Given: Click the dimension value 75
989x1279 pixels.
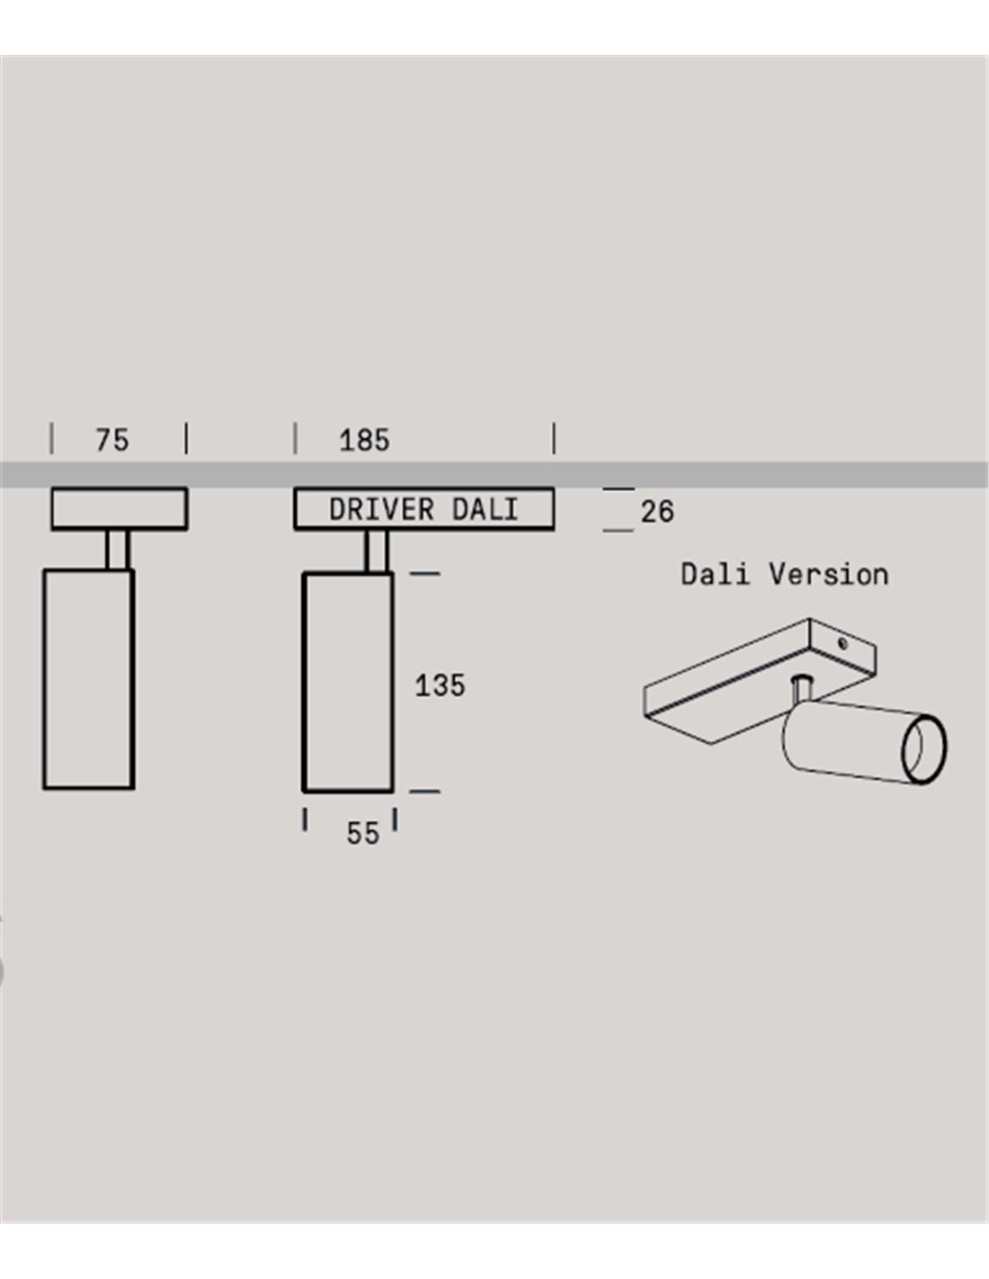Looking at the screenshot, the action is (x=111, y=440).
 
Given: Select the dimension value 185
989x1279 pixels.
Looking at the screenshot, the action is (x=364, y=440).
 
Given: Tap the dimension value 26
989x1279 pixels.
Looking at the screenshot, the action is (x=657, y=512).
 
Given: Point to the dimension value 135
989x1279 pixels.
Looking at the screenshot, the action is (x=440, y=685).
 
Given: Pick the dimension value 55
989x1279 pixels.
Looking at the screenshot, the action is (x=363, y=833).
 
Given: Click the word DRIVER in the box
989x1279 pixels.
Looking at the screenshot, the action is (x=381, y=510).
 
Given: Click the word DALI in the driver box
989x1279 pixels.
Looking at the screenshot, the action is (x=485, y=510).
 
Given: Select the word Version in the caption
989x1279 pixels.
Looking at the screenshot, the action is (x=828, y=574).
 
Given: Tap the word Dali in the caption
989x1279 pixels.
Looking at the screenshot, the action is (x=715, y=574).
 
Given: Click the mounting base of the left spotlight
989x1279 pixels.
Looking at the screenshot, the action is (x=120, y=508).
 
